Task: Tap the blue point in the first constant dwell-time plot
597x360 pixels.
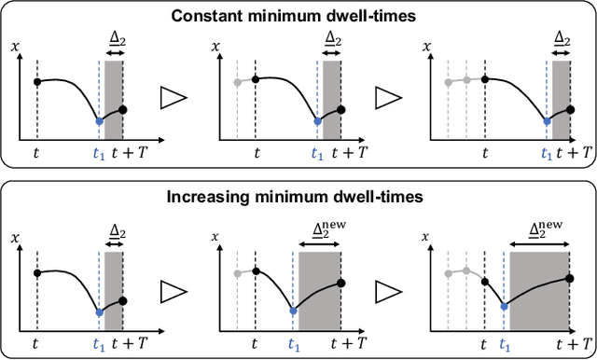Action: click(99, 121)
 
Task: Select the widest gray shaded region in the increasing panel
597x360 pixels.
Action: click(538, 291)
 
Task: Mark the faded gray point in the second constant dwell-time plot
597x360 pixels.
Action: click(237, 81)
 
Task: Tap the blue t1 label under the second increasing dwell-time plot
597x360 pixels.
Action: click(293, 343)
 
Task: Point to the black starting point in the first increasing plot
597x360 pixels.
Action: click(37, 273)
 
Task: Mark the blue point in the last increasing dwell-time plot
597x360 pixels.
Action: click(505, 305)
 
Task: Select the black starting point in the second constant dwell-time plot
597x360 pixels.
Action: click(256, 79)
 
